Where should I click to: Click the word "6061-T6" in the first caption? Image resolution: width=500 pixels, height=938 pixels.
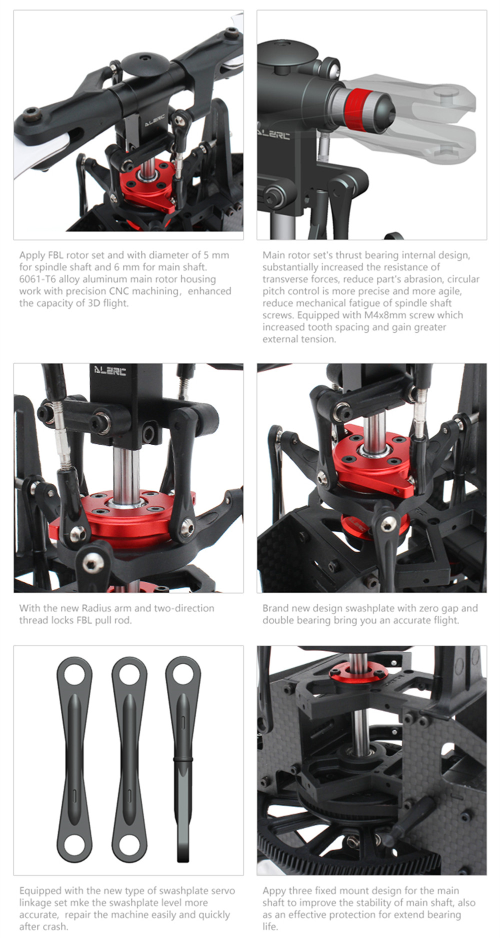(x=37, y=279)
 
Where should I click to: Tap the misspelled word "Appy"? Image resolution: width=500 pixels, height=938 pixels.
(x=274, y=891)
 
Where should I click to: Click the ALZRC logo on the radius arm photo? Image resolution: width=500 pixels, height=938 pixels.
(x=110, y=370)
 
